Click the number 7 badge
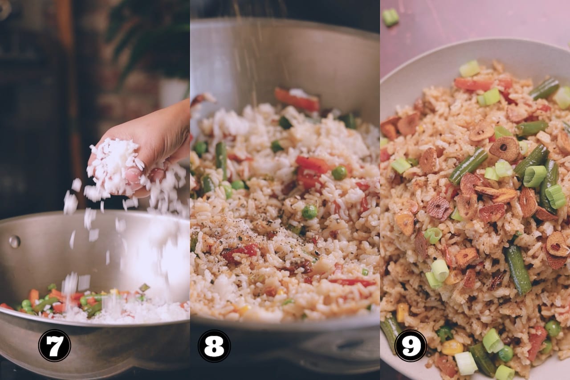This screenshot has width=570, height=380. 54,346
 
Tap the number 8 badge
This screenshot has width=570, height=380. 214,346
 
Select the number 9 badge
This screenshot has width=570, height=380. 411,346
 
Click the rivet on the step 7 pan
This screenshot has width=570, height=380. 15,241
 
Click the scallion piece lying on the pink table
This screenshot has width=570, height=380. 391,17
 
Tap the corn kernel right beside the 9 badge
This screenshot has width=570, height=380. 452,347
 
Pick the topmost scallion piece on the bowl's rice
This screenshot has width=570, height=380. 469,69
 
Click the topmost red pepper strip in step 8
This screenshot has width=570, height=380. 297,99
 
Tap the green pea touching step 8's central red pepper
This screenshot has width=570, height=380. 339,173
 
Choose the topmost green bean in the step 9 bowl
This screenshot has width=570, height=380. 545,88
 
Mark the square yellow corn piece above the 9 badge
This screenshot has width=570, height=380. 402,312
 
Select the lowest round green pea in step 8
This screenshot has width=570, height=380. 309,212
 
